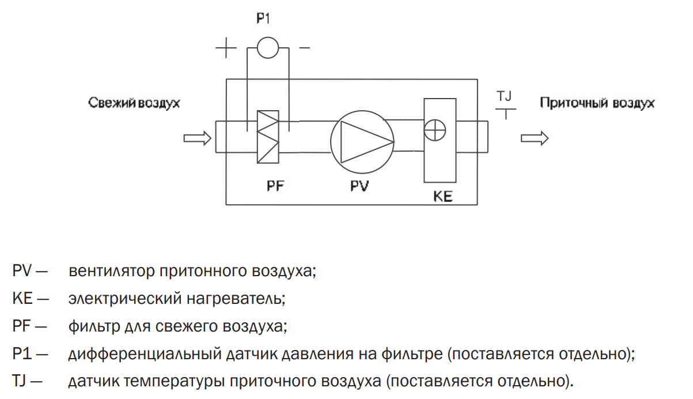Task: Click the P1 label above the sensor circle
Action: pyautogui.click(x=263, y=18)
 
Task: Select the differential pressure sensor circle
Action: pyautogui.click(x=268, y=37)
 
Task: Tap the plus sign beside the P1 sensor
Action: pyautogui.click(x=226, y=48)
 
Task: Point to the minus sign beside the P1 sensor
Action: pyautogui.click(x=304, y=48)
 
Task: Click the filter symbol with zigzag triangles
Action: pyautogui.click(x=268, y=137)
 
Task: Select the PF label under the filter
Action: pyautogui.click(x=275, y=186)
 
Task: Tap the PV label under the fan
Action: pyautogui.click(x=359, y=186)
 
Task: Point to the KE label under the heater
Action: pyautogui.click(x=443, y=196)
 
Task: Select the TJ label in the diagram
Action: pyautogui.click(x=504, y=96)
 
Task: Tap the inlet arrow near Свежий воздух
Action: pyautogui.click(x=198, y=138)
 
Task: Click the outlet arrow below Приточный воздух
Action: pyautogui.click(x=535, y=138)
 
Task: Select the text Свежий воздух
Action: pyautogui.click(x=134, y=103)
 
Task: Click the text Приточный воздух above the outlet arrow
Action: pyautogui.click(x=597, y=103)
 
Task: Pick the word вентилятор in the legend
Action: pyautogui.click(x=112, y=271)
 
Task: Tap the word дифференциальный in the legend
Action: pyautogui.click(x=145, y=354)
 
